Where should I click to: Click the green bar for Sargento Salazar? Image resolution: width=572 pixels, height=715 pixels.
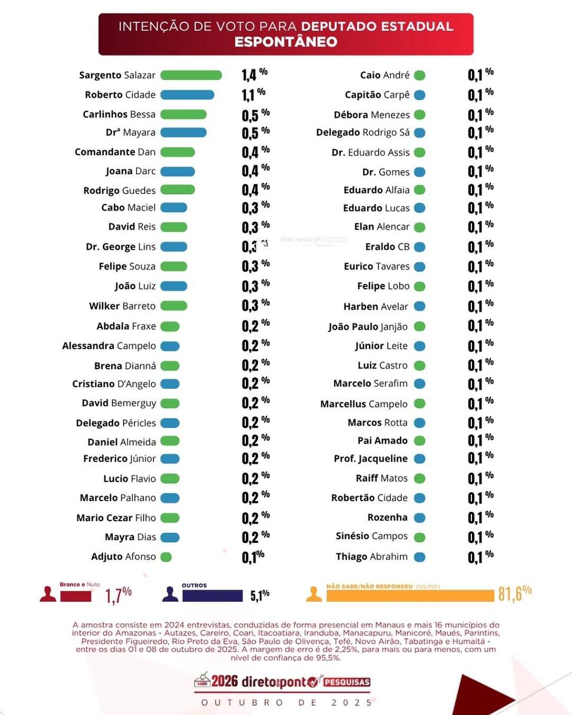coord(191,75)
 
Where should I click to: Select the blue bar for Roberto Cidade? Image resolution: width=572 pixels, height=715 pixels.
coord(187,95)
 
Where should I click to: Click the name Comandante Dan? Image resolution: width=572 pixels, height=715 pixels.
coord(115,152)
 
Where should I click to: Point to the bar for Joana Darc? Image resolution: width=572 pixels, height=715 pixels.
coord(177,172)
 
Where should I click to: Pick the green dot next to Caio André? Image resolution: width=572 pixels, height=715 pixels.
coord(419,75)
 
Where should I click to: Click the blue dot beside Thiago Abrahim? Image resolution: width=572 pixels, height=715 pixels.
coord(419,557)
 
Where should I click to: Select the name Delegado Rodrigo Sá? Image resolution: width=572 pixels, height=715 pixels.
coord(363,132)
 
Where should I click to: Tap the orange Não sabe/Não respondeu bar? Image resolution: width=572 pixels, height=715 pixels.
coord(410,596)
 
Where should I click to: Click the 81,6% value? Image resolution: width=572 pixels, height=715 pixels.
coord(514,594)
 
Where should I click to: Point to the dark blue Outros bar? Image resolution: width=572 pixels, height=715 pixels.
coord(212,596)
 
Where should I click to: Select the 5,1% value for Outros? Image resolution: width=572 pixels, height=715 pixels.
coord(260,596)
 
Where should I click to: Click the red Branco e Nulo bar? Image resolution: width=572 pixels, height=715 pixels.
coord(76,596)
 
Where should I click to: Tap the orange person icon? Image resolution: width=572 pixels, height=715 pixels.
coord(314,594)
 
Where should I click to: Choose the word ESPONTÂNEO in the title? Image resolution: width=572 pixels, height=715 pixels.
coord(285,42)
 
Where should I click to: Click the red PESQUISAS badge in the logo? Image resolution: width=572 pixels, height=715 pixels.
coord(346,682)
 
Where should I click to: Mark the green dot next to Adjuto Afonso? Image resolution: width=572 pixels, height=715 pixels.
coord(166,557)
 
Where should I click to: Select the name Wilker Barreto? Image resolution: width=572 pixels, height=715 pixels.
coord(122,306)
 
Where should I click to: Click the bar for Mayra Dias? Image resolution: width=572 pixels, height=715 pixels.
coord(170,538)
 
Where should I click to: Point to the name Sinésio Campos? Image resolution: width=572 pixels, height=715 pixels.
coord(371,536)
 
